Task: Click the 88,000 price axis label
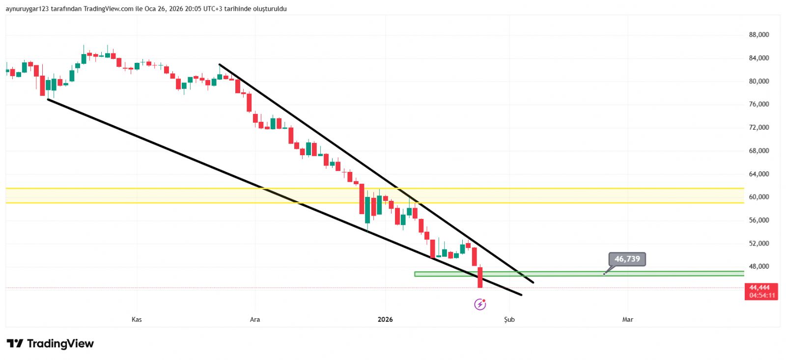758,35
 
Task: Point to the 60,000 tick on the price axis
758,197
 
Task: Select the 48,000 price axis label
758,267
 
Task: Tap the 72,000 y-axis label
758,128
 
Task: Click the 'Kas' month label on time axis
137,320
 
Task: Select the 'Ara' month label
255,320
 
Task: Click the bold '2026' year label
385,320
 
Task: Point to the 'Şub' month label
509,320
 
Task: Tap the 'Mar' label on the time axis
627,320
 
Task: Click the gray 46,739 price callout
627,259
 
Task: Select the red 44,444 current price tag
760,288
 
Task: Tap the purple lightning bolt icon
480,305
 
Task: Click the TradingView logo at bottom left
50,344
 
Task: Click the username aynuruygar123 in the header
27,9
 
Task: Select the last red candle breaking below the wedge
480,277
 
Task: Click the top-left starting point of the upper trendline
220,64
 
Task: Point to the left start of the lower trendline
48,100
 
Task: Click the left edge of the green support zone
415,274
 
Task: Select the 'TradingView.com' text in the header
108,9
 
